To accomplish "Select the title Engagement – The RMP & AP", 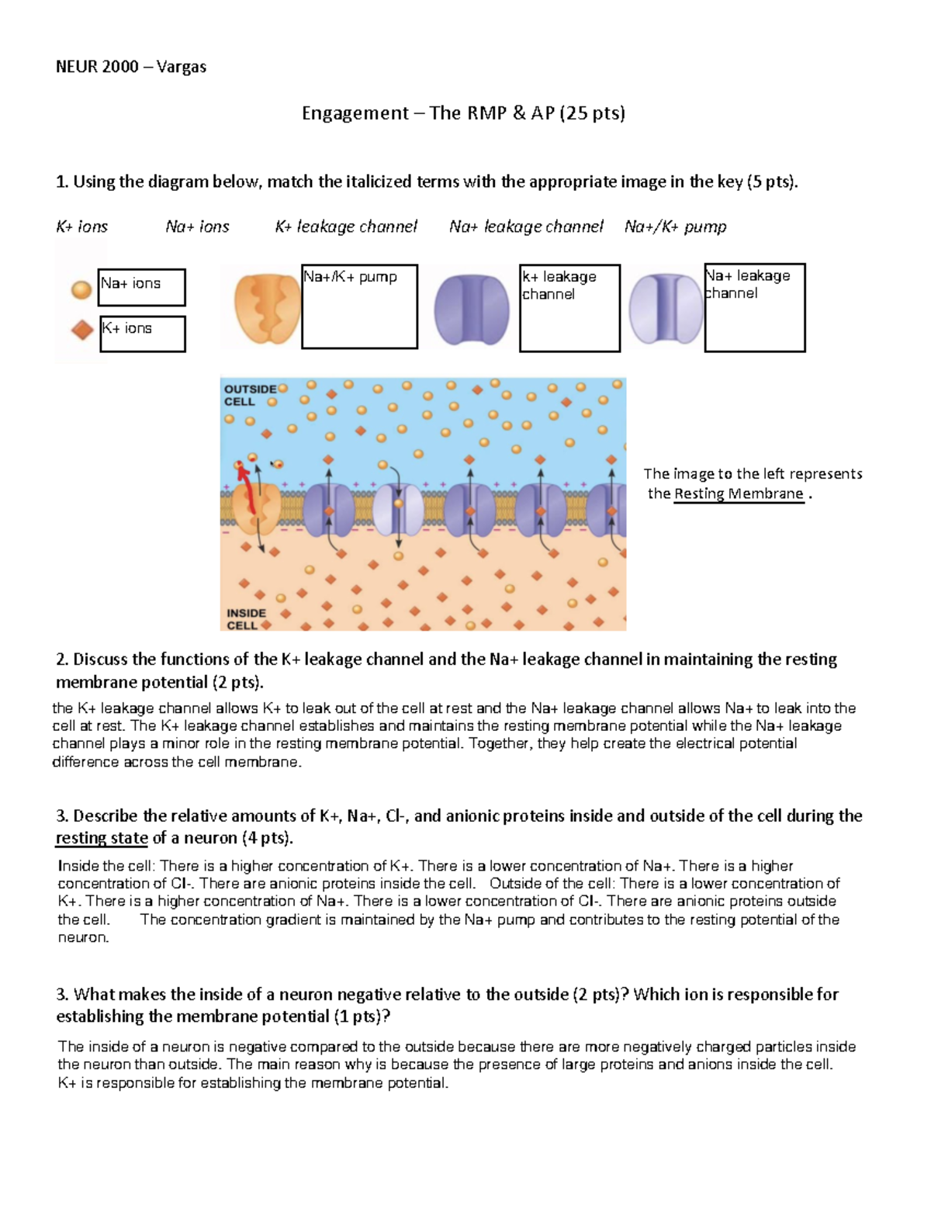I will pyautogui.click(x=463, y=113).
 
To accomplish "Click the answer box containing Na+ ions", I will pyautogui.click(x=141, y=287).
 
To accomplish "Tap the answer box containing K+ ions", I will pyautogui.click(x=143, y=334).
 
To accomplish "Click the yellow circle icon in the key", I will pyautogui.click(x=81, y=289).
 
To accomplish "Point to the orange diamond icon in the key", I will pyautogui.click(x=82, y=330).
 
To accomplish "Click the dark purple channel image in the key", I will pyautogui.click(x=472, y=309).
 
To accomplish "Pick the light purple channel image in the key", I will pyautogui.click(x=665, y=308).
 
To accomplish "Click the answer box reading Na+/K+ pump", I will pyautogui.click(x=359, y=306).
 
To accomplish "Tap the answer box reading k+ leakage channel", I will pyautogui.click(x=569, y=308).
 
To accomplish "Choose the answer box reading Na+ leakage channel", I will pyautogui.click(x=754, y=307).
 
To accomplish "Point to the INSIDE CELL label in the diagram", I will pyautogui.click(x=245, y=618).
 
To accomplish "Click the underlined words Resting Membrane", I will pyautogui.click(x=739, y=493).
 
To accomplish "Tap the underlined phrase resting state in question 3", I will pyautogui.click(x=102, y=838).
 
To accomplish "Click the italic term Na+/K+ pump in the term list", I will pyautogui.click(x=675, y=227).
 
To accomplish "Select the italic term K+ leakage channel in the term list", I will pyautogui.click(x=346, y=227).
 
